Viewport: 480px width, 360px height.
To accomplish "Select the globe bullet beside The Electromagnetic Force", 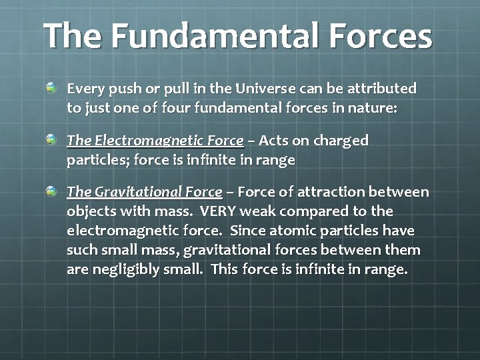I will coord(52,140).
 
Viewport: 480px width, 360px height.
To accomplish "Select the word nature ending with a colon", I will coord(373,108).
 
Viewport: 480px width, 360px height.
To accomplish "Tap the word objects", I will coord(90,212).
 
